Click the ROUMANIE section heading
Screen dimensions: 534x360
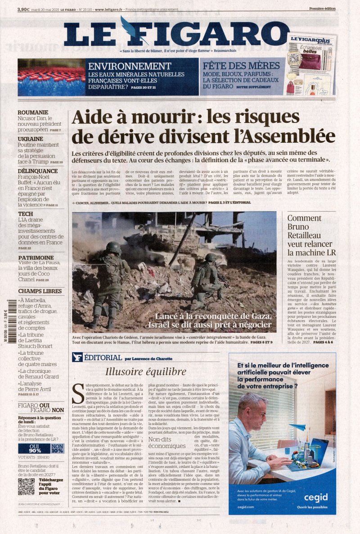pos(33,113)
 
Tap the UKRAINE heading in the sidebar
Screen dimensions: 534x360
pos(31,139)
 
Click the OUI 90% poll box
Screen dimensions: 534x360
pos(35,448)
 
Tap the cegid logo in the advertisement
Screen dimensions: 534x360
pos(315,497)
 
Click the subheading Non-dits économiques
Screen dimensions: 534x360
pos(167,442)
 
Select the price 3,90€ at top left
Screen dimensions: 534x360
pos(24,9)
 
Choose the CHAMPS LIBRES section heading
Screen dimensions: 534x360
pos(40,291)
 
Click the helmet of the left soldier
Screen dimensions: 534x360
pos(114,247)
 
